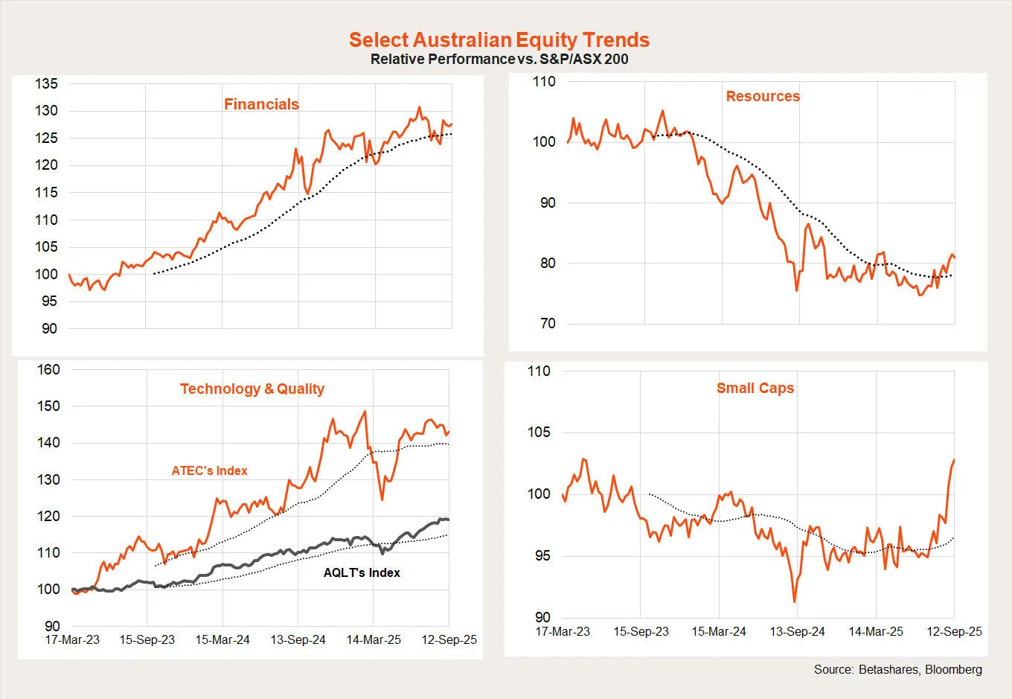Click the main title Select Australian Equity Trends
(499, 39)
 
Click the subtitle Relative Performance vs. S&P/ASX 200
(499, 59)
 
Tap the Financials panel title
(261, 104)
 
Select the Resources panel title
(763, 96)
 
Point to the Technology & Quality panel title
(252, 389)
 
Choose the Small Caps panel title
(755, 388)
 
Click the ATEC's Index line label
(209, 470)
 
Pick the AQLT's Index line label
(362, 572)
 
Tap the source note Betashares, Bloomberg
(897, 669)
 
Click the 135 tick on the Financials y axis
(46, 84)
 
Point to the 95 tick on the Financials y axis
(49, 301)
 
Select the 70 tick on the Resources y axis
(547, 324)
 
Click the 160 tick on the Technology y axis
(48, 369)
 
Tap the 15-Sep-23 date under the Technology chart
(147, 639)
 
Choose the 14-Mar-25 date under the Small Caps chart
(876, 631)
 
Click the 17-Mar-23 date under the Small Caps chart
(563, 631)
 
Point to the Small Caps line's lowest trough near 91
(795, 601)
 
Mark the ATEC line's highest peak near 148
(365, 412)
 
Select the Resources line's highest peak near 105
(662, 111)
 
